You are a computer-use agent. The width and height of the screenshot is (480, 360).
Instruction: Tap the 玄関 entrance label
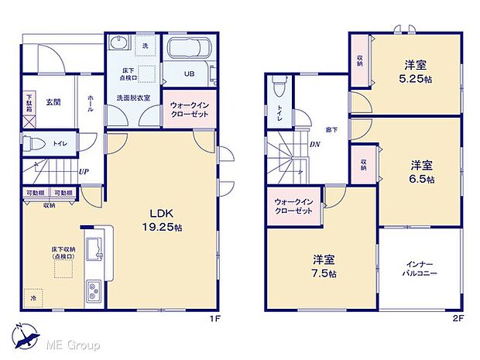coord(53,101)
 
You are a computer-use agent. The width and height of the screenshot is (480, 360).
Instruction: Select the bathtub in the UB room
coord(188,48)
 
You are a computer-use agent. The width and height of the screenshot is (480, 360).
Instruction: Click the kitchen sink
coord(96,250)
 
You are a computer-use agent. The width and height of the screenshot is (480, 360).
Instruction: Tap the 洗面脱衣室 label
coord(132,98)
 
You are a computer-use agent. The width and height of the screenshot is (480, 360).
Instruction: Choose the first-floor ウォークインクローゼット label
coord(187,108)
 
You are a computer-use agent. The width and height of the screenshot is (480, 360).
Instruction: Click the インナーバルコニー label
coord(420,269)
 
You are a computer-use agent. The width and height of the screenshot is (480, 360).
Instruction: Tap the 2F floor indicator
coord(458,318)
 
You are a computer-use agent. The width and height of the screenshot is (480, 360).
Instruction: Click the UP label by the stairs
coord(82,173)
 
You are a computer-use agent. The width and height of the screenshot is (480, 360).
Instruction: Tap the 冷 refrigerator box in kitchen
coord(34,296)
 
